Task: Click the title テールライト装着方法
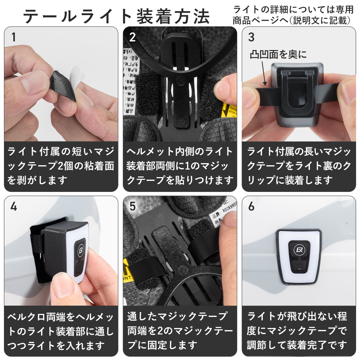pos(116,15)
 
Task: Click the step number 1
pos(14,37)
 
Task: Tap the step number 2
pos(132,37)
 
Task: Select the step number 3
pos(251,37)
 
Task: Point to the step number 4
pos(14,206)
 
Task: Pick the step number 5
pos(132,206)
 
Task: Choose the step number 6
pos(251,206)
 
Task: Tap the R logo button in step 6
pos(298,249)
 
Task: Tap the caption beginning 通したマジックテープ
pos(180,330)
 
